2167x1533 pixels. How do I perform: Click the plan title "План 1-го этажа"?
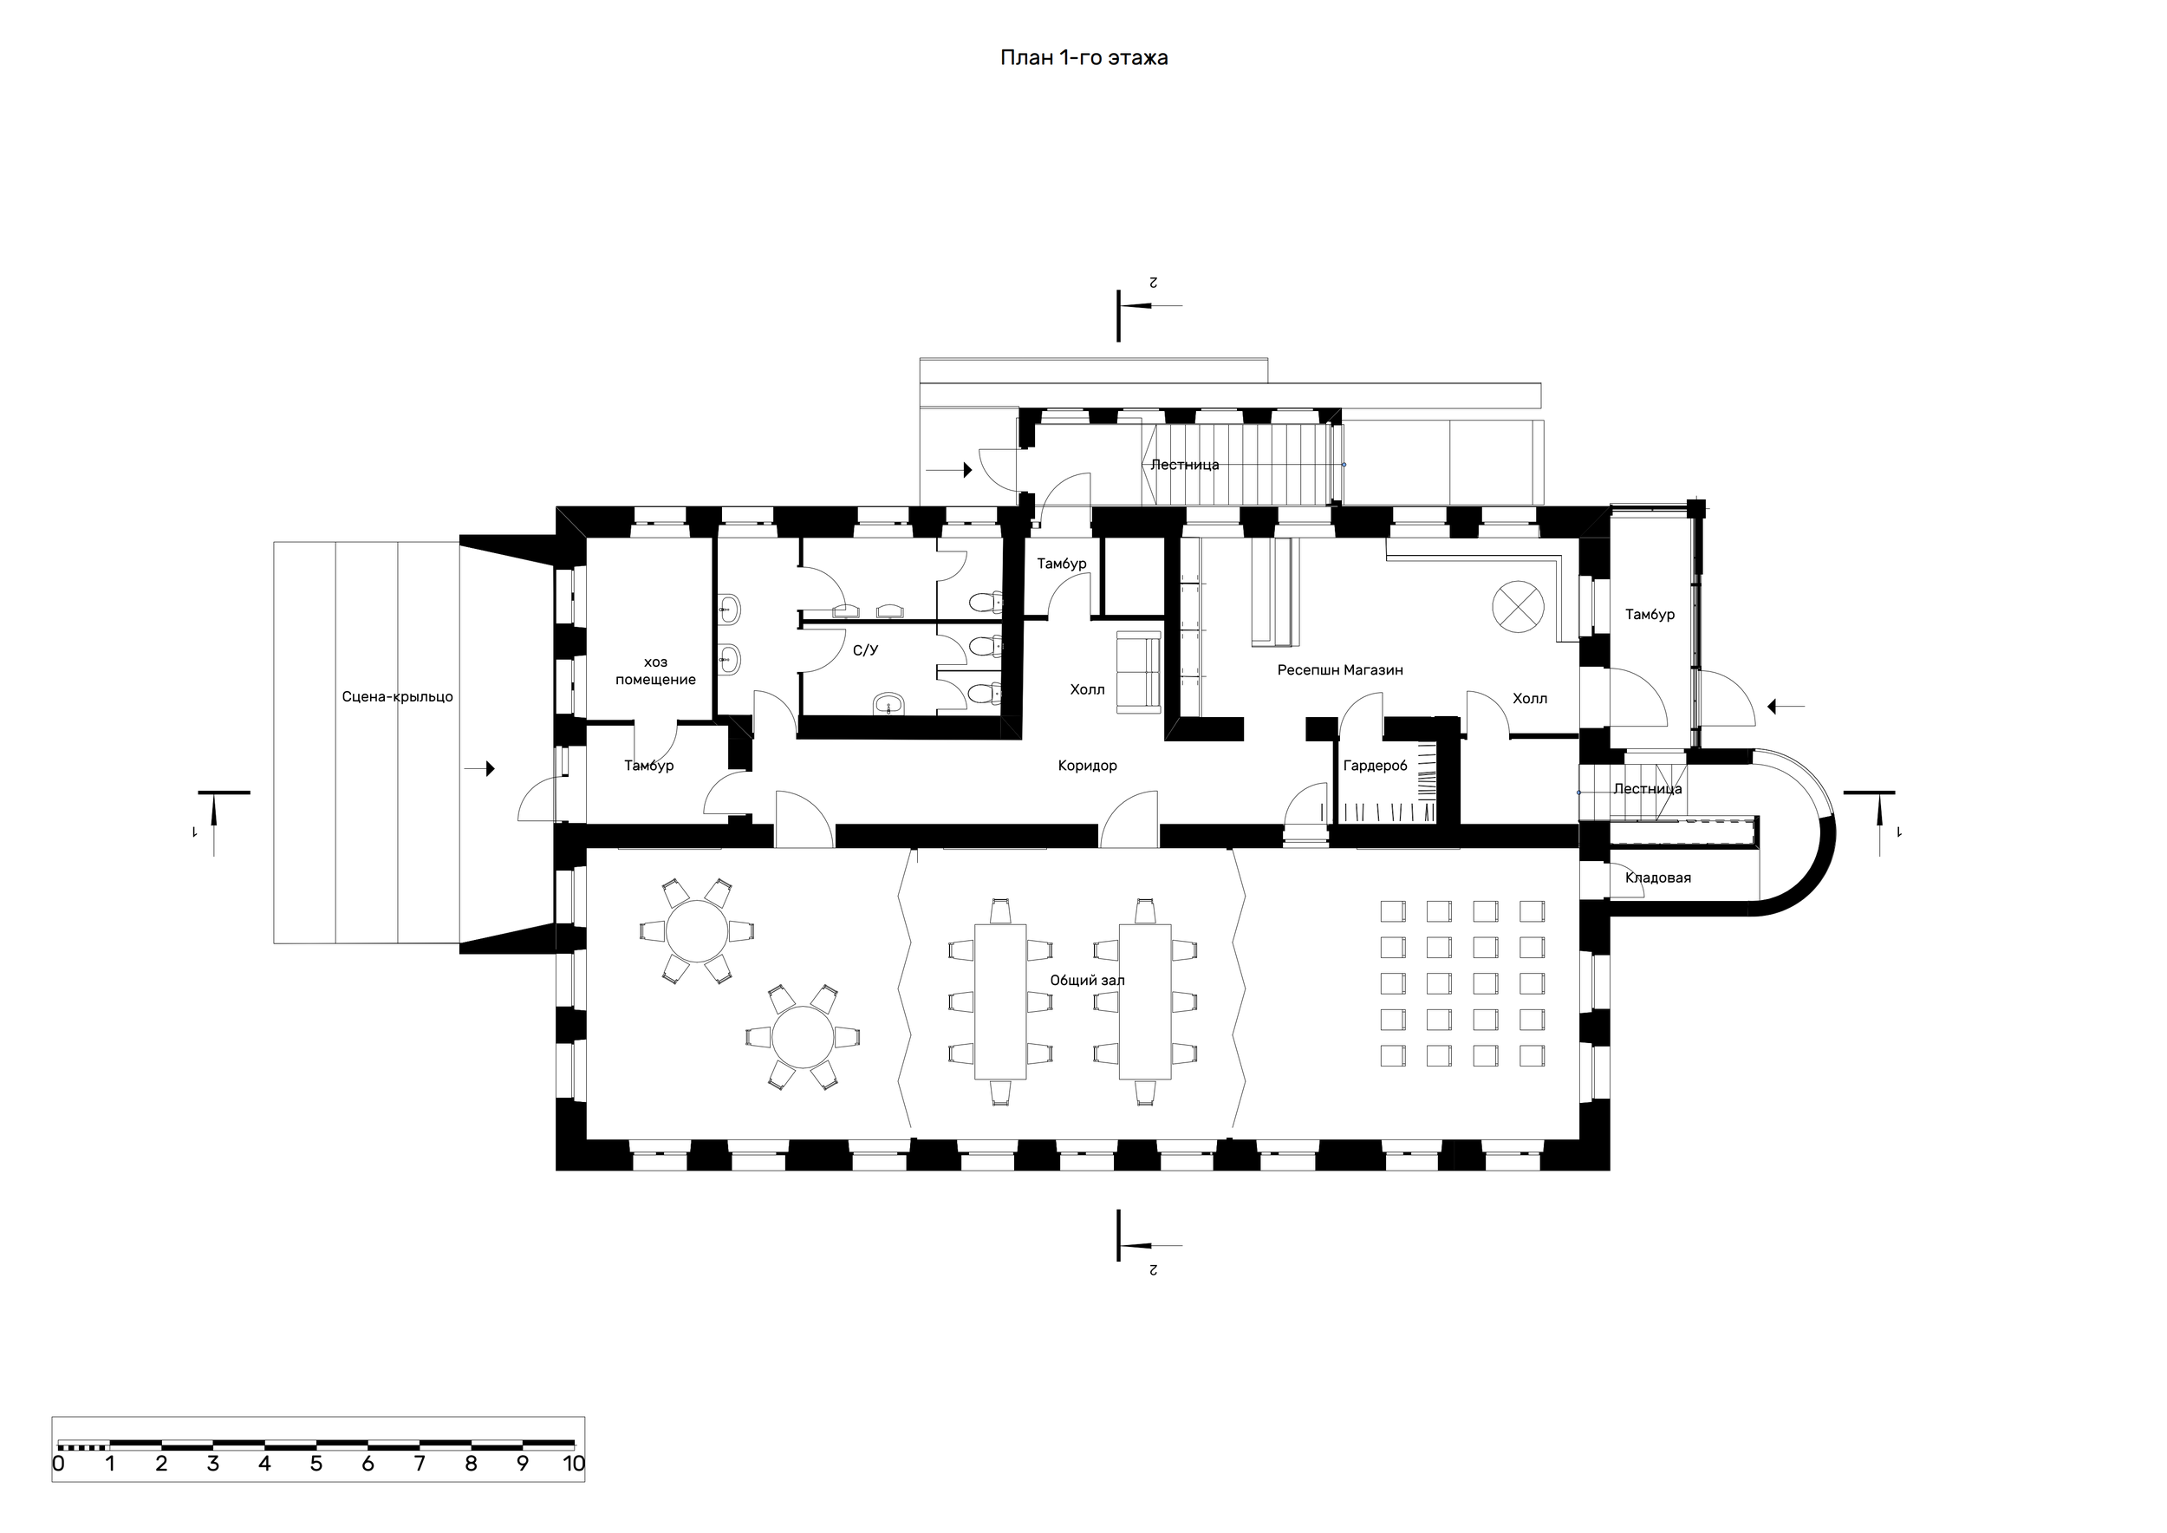pos(1083,58)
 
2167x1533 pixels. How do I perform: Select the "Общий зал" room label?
pos(1087,981)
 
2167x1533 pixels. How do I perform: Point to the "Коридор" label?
pos(1087,766)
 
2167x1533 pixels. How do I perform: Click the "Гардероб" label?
pos(1375,766)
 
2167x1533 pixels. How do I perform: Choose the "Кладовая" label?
pos(1657,877)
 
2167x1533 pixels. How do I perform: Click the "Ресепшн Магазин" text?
pos(1340,670)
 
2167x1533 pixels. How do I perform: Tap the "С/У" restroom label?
pos(865,650)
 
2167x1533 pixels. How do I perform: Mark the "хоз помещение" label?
pos(656,671)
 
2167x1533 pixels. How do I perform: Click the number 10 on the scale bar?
pos(574,1465)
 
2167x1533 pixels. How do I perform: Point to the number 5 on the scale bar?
pos(316,1465)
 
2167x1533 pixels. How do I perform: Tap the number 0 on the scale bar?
pos(59,1465)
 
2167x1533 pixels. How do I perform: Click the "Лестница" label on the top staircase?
pos(1185,466)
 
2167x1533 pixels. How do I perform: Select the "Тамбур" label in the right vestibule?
pos(1650,615)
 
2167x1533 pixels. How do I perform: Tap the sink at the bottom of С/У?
pos(890,703)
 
